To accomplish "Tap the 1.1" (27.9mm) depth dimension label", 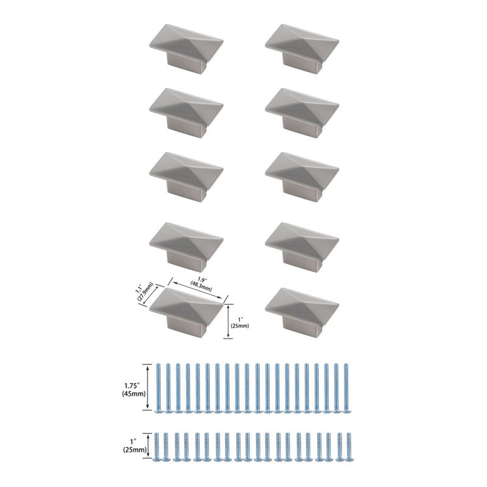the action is (144, 292).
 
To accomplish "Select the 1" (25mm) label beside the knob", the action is (240, 323).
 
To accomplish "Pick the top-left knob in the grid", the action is (186, 50).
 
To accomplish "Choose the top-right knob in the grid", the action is (302, 50).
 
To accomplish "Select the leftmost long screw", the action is (158, 388).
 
